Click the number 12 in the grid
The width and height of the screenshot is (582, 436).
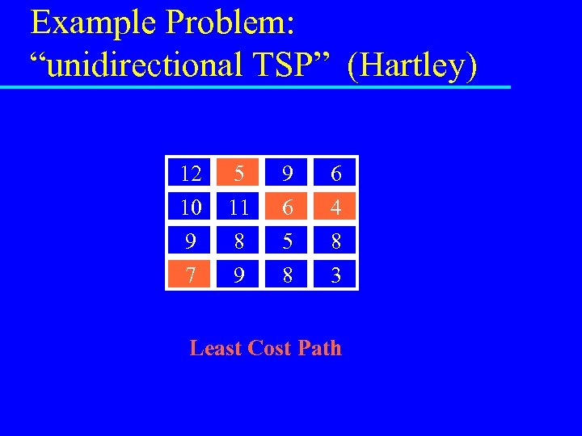[191, 174]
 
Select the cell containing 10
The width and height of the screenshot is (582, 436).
[191, 208]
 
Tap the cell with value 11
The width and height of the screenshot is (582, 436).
[238, 208]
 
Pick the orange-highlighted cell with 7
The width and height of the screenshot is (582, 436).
[191, 276]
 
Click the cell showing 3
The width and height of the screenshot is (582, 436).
[335, 276]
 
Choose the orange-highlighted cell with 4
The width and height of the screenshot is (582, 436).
[335, 208]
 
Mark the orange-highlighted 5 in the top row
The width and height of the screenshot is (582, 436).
[238, 174]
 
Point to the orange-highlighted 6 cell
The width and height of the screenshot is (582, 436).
[287, 208]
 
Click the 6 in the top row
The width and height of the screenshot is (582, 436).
[335, 174]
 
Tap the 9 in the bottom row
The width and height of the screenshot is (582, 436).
[238, 276]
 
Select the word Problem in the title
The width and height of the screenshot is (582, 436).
[230, 24]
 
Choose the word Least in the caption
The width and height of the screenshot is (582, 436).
[215, 348]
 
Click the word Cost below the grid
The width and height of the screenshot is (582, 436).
[269, 348]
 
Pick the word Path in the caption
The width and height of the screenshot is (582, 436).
[320, 348]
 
